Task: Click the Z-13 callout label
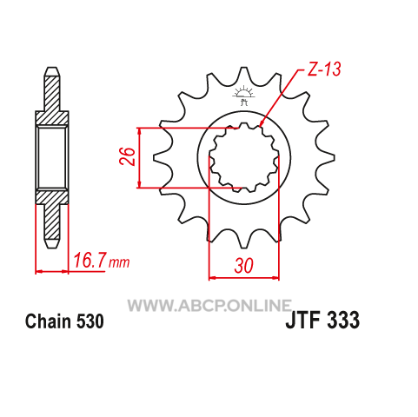(x=324, y=69)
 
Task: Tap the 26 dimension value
(x=127, y=156)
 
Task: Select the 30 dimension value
(x=244, y=266)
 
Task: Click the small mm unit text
(x=119, y=262)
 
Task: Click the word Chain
(x=48, y=321)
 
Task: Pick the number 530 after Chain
(x=90, y=321)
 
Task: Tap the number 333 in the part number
(x=342, y=320)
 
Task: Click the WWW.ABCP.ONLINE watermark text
(x=209, y=305)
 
